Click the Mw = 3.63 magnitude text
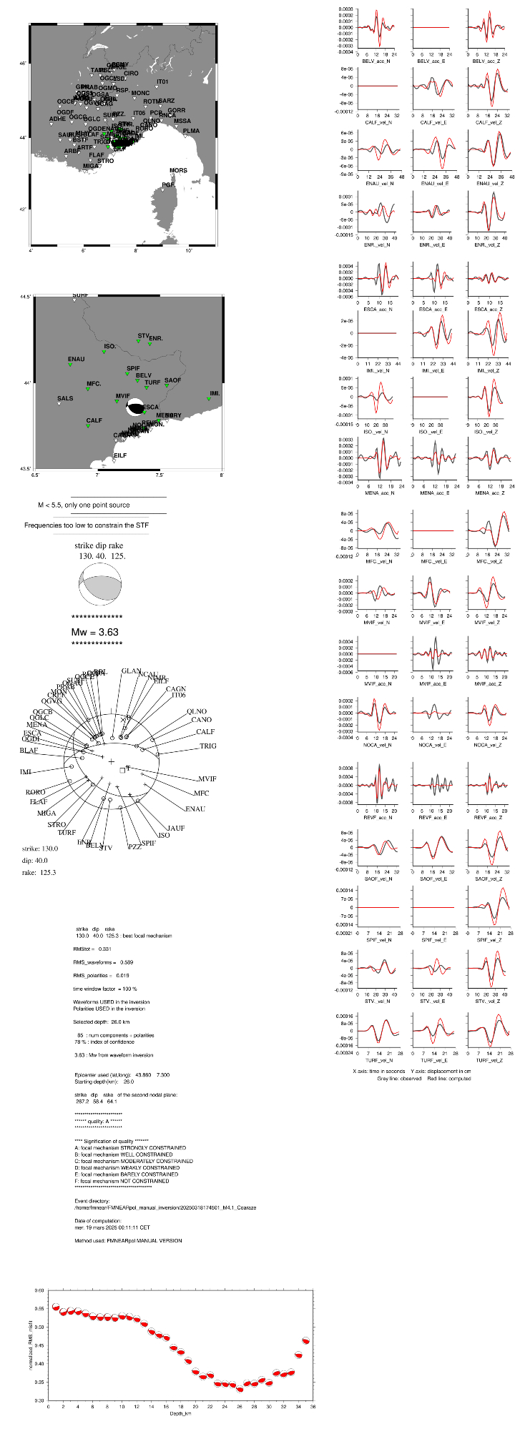point(94,632)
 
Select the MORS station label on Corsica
point(178,171)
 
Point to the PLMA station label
point(191,132)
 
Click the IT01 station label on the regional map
point(162,82)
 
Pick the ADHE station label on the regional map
point(57,119)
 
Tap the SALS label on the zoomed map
point(65,399)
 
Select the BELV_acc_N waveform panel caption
point(378,61)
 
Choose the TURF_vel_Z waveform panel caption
point(488,1060)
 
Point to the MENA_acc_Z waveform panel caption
point(488,493)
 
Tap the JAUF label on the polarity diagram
point(175,828)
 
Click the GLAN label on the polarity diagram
point(132,671)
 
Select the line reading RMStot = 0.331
point(92,949)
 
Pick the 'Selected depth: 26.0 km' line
point(102,1022)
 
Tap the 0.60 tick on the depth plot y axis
point(39,1290)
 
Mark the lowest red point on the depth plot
point(240,1388)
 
